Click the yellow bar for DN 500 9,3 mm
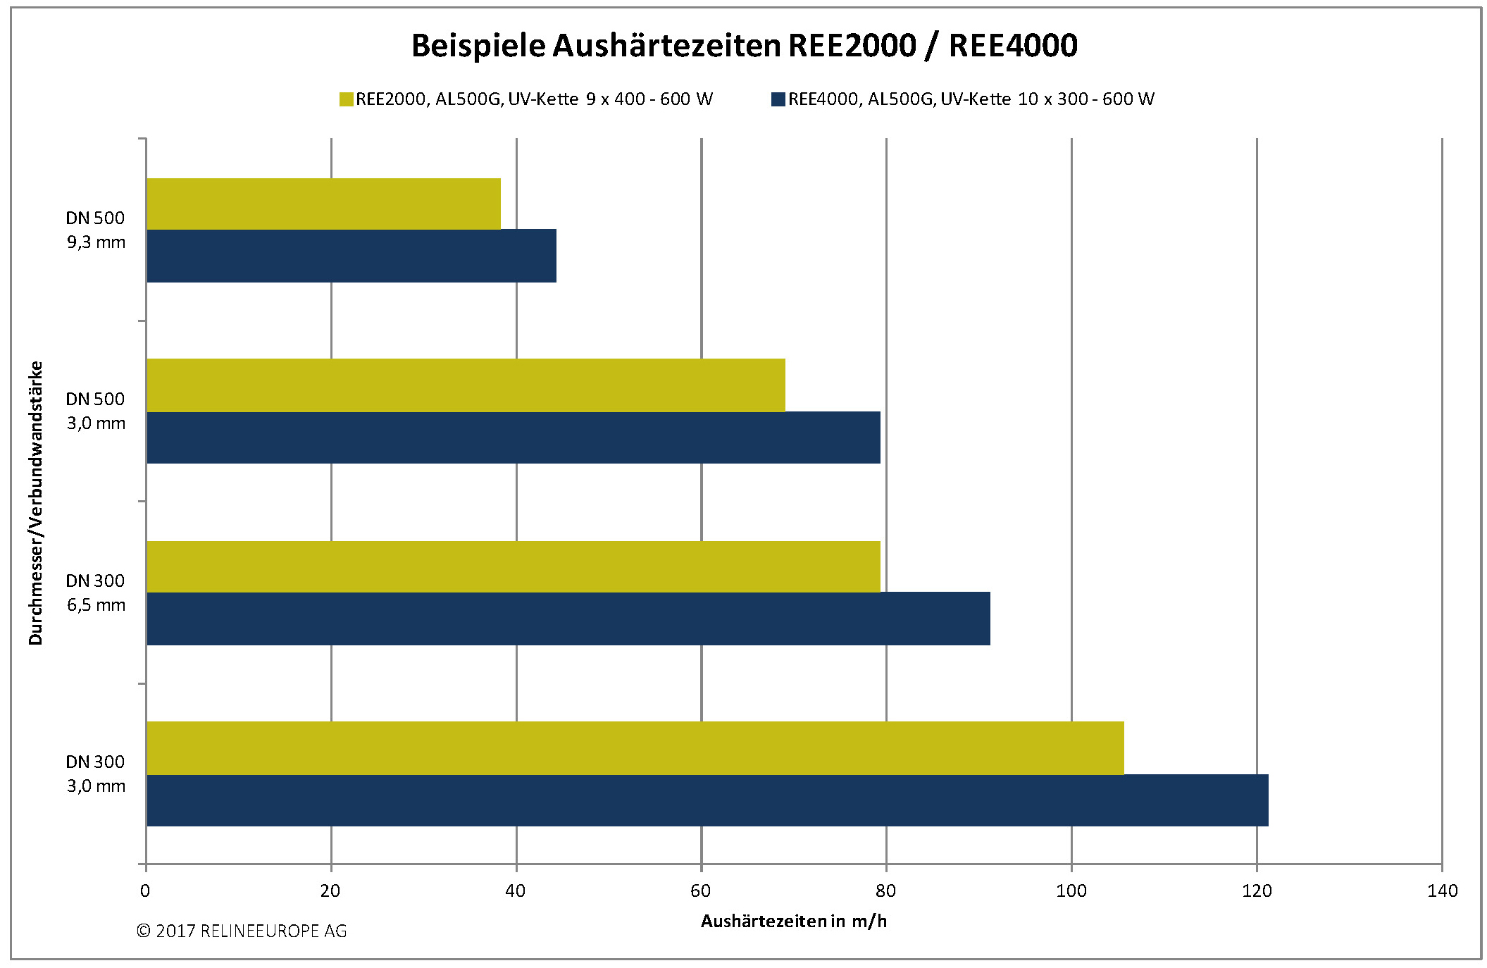(323, 204)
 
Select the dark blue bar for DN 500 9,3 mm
(351, 256)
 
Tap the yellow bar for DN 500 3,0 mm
(466, 385)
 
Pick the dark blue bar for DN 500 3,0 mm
(513, 438)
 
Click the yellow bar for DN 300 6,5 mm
(513, 566)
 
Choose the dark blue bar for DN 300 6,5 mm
(568, 619)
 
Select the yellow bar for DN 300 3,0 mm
(635, 747)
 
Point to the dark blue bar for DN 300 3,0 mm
(707, 800)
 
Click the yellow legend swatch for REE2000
(346, 99)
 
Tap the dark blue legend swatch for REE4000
(778, 99)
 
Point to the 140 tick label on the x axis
(1442, 891)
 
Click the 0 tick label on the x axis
(145, 891)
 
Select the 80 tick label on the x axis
(885, 891)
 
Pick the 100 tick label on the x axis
(1071, 891)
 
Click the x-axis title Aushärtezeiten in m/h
(794, 922)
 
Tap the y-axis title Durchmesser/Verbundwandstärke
(36, 502)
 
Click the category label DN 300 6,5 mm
(96, 592)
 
